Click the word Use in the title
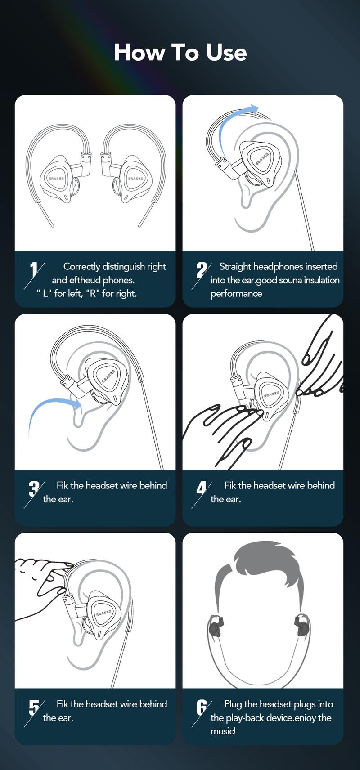226,53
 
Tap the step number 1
34,270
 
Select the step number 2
202,270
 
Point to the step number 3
34,489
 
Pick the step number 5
34,707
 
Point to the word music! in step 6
223,731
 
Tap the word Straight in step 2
235,267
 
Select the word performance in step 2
236,294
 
